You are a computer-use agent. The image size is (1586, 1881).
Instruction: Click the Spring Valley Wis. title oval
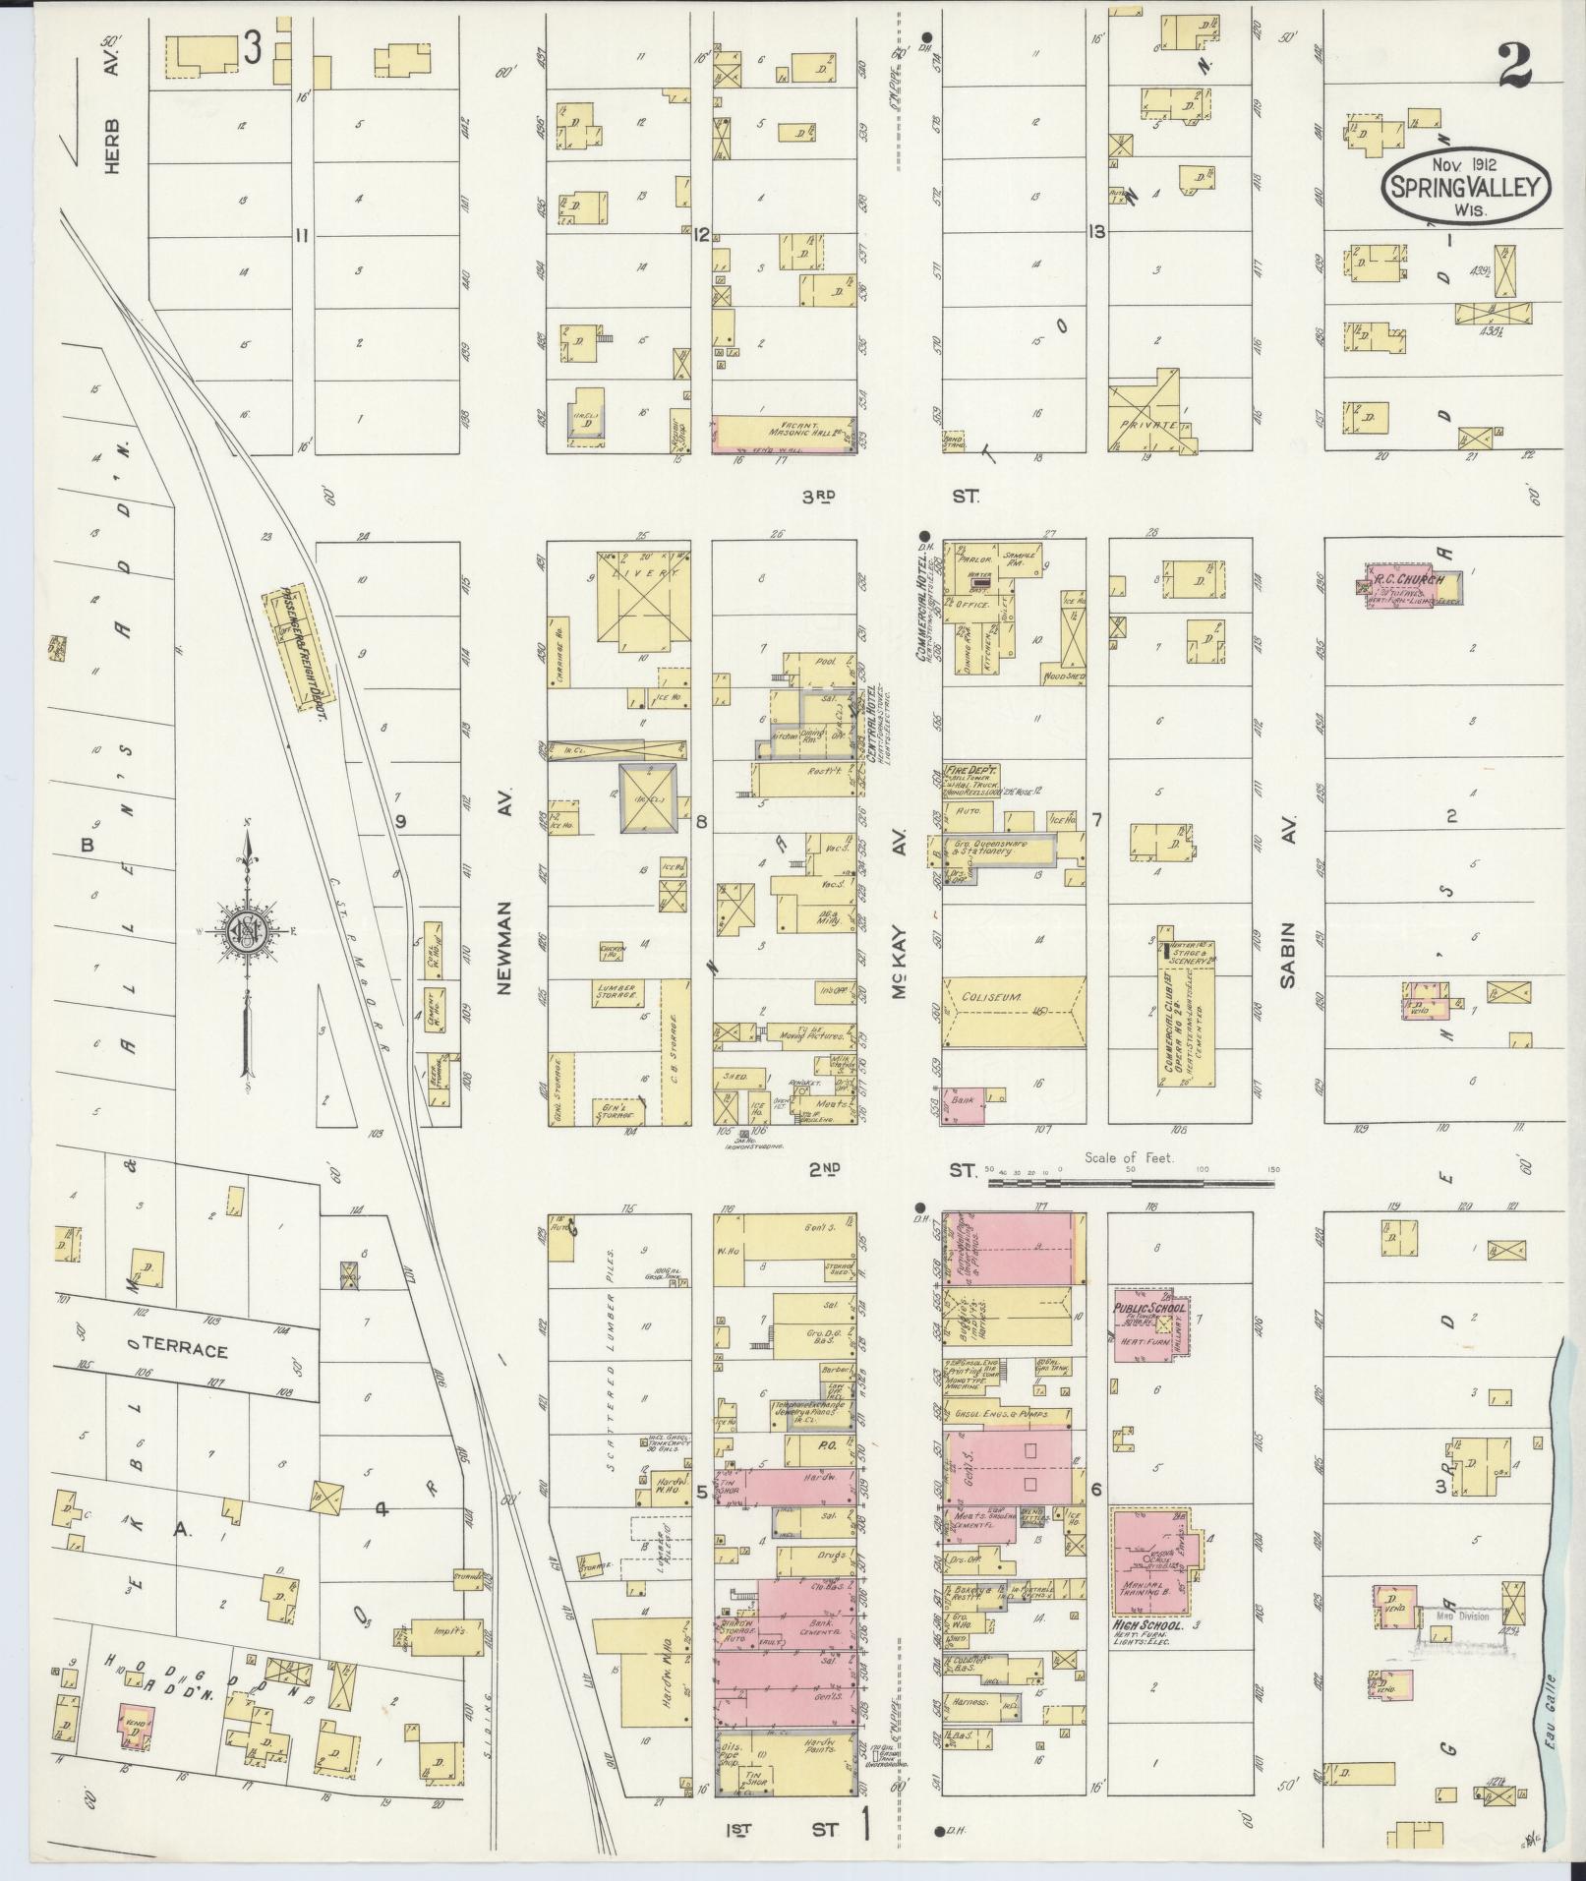click(x=1466, y=184)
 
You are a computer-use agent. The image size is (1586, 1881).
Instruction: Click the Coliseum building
click(x=1014, y=1013)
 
